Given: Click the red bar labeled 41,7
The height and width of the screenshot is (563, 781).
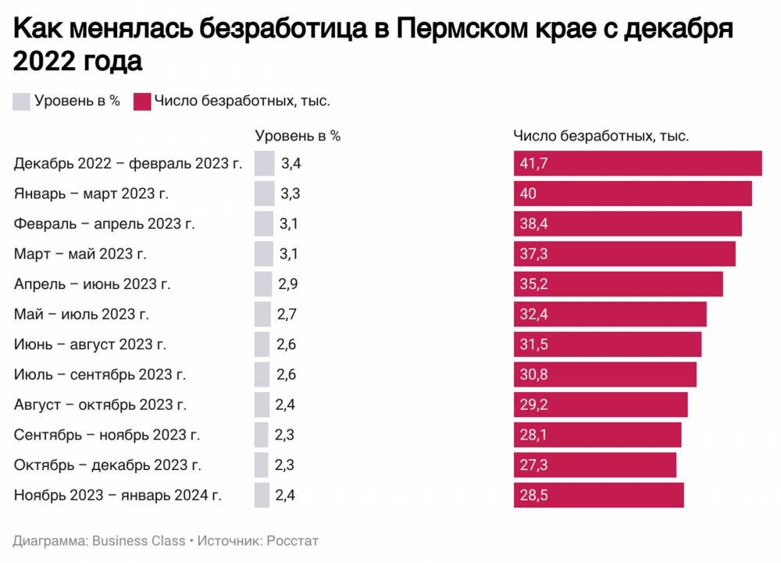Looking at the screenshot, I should click(x=637, y=164).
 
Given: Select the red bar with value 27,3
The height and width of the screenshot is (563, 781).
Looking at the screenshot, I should click(x=595, y=465).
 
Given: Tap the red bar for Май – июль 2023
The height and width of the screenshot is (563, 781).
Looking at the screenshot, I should click(x=610, y=314).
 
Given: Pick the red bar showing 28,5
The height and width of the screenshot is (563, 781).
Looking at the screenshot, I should click(x=598, y=495).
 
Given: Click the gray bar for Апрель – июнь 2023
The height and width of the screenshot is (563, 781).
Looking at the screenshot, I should click(x=262, y=284).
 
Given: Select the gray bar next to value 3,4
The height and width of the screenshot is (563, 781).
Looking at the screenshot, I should click(x=265, y=164).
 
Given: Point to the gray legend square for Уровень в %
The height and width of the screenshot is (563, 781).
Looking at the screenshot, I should click(x=21, y=102).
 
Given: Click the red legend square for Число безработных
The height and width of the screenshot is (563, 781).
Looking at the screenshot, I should click(x=141, y=102).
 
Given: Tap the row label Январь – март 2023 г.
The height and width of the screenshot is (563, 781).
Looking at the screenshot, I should click(x=91, y=194).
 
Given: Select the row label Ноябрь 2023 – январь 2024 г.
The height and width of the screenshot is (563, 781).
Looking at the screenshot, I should click(x=118, y=494).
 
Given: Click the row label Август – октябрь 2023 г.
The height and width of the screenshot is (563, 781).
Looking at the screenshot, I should click(x=101, y=404).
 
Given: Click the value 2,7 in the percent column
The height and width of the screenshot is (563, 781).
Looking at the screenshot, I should click(x=287, y=314).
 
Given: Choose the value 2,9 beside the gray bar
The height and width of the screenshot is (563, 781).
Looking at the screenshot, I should click(x=287, y=284).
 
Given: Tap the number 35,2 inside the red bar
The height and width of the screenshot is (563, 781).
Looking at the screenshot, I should click(x=534, y=284).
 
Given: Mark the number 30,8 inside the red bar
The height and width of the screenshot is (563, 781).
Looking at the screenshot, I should click(x=534, y=375).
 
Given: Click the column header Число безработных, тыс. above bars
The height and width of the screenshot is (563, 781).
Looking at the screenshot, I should click(x=601, y=136).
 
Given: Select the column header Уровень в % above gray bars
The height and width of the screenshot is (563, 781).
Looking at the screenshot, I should click(x=298, y=135).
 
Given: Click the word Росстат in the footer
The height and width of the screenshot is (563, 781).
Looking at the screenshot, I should click(x=292, y=540).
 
